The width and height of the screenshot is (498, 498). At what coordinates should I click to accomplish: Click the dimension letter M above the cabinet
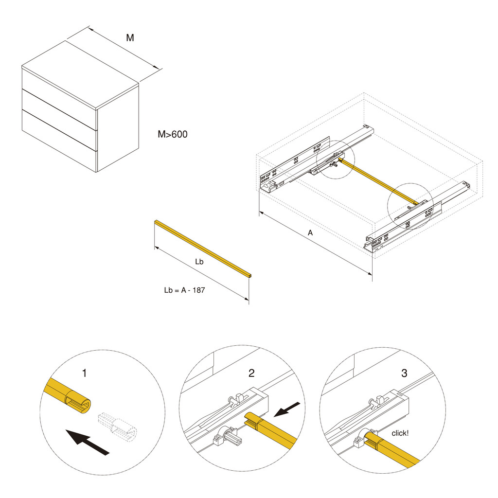point(130,38)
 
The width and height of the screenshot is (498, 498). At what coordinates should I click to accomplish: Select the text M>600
point(172,135)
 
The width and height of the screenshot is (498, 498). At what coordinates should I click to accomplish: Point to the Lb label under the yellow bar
point(199,262)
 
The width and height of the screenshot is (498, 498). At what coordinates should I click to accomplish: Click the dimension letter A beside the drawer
point(310,233)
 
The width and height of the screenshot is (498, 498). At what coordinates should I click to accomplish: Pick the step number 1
point(85,373)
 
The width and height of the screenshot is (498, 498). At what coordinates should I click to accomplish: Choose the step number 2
point(251,373)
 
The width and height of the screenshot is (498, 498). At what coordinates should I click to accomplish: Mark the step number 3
point(404,373)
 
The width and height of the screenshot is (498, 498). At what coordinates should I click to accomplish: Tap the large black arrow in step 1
point(88,442)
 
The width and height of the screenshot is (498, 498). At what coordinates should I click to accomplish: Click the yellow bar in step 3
point(396,455)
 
